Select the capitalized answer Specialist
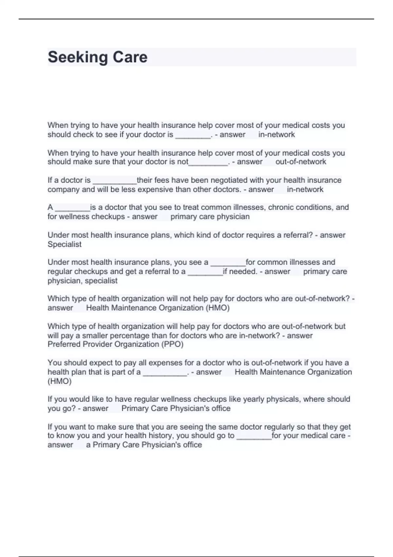[x=65, y=244]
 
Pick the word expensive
[x=156, y=189]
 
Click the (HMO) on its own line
[x=60, y=381]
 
